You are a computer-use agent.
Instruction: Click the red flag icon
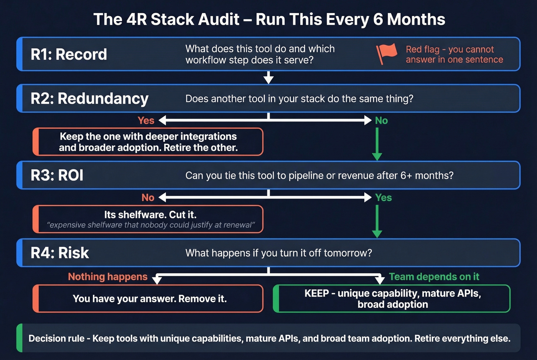tap(386, 54)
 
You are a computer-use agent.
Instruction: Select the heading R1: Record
tap(69, 54)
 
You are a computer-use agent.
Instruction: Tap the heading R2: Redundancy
tap(89, 99)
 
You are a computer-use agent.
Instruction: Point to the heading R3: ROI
tap(57, 175)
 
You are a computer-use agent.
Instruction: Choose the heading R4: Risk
tap(60, 253)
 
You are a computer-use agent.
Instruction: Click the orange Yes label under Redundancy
tap(146, 120)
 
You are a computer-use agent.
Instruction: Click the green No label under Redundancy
tap(381, 121)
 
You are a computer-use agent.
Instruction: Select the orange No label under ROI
tap(148, 197)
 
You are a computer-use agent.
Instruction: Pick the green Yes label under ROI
tap(383, 197)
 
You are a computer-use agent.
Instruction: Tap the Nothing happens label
tap(107, 277)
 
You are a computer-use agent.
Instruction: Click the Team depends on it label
tap(434, 277)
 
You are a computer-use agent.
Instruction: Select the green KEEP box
tap(392, 299)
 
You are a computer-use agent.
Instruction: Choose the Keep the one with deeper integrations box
tap(148, 142)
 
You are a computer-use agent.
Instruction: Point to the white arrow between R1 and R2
tap(268, 78)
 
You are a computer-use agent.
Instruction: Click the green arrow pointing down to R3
tap(377, 144)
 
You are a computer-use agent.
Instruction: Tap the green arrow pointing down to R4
tap(377, 221)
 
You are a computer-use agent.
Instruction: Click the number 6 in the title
tap(378, 19)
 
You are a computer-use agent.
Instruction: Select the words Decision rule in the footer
tap(56, 339)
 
